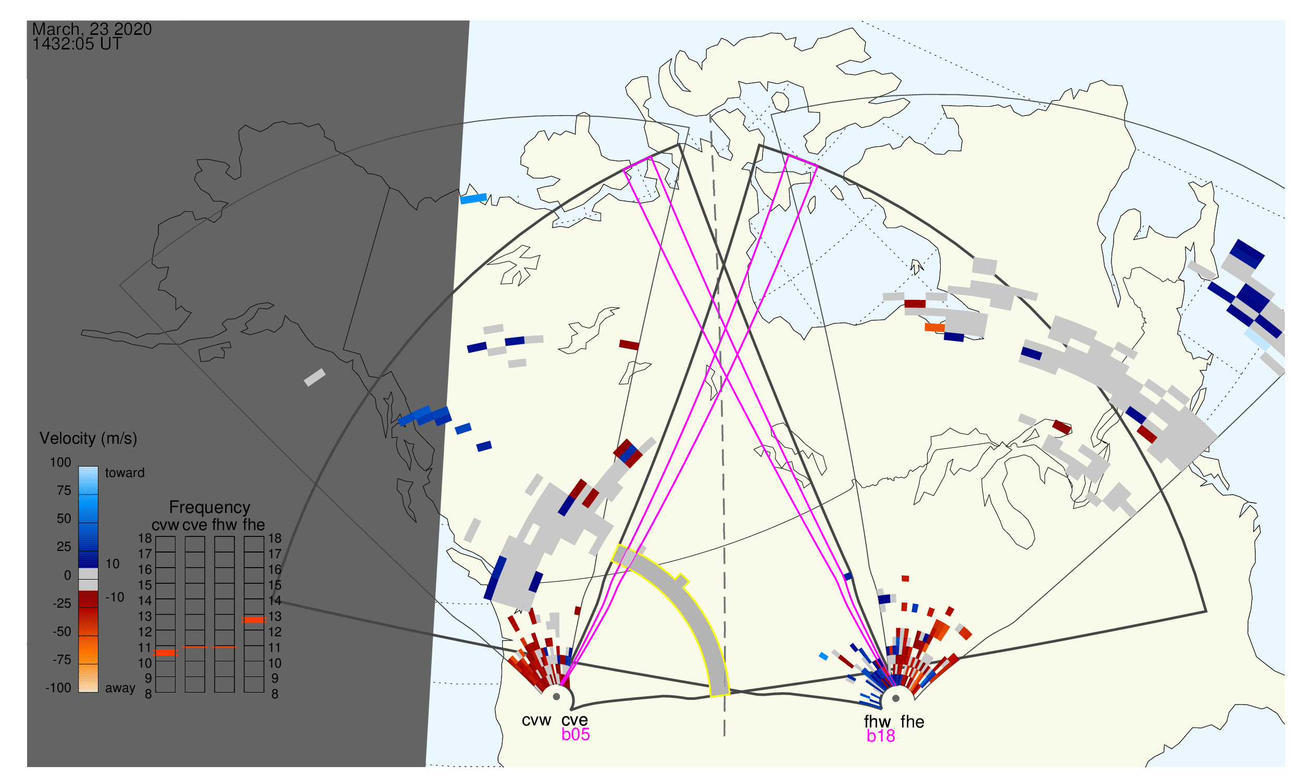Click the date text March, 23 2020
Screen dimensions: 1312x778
click(92, 29)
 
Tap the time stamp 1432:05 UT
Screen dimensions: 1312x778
click(77, 44)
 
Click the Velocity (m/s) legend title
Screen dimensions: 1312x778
click(89, 439)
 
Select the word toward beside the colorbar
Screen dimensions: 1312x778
click(125, 473)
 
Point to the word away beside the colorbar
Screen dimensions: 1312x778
click(120, 688)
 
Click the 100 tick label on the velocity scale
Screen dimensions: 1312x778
click(60, 462)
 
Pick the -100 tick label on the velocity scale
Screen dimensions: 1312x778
click(58, 688)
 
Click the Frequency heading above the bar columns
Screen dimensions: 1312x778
click(210, 508)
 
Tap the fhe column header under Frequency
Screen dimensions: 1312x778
click(254, 525)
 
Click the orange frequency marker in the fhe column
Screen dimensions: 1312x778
click(254, 620)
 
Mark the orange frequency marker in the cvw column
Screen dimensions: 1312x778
click(166, 653)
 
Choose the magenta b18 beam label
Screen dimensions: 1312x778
click(881, 736)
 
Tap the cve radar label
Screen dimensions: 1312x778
click(574, 720)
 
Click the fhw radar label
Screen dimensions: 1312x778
click(877, 722)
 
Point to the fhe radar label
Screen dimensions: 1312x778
click(913, 722)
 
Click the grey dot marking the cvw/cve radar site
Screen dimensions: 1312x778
click(557, 697)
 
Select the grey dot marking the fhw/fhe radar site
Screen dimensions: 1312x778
click(896, 699)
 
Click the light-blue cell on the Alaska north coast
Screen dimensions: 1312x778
click(473, 199)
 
